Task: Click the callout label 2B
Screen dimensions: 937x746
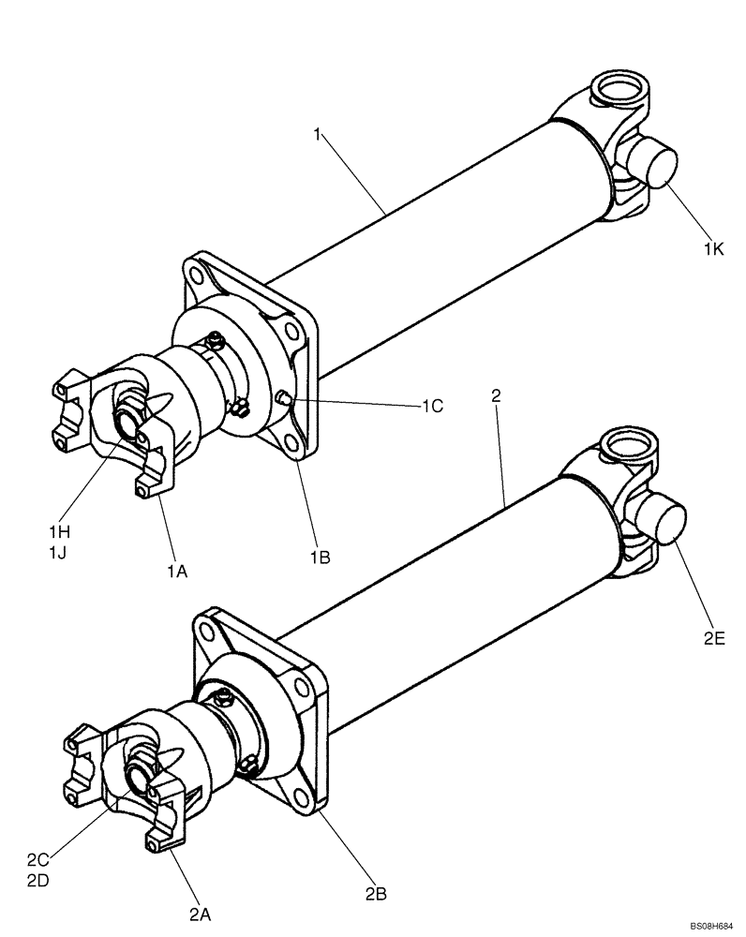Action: [x=375, y=894]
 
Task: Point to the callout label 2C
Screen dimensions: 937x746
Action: [x=38, y=859]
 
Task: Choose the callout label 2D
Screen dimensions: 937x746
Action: [x=38, y=881]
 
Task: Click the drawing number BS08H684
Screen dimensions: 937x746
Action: [x=711, y=926]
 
